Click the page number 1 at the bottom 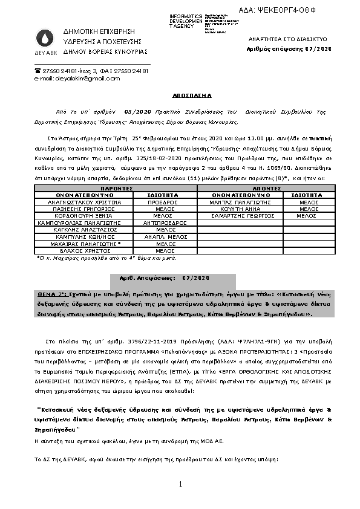tap(180, 484)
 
